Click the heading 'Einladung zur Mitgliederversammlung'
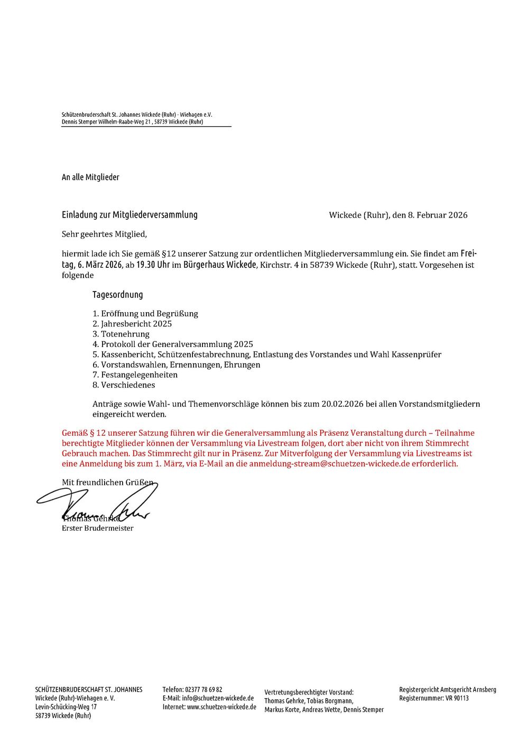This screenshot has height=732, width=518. (x=129, y=214)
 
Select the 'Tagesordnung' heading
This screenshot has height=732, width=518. (x=117, y=295)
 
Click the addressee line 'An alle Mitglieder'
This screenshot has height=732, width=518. (x=90, y=177)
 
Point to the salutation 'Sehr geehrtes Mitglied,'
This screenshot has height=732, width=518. (x=104, y=234)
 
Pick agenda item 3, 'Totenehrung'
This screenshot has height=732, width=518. (x=121, y=334)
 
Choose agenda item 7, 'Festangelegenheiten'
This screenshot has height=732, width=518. (x=135, y=374)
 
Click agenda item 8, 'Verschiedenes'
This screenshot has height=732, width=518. (x=124, y=385)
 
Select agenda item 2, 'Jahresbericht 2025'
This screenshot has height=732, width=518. (x=132, y=324)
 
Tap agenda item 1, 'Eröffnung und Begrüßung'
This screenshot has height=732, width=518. (x=145, y=313)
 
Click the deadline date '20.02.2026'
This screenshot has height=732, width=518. (x=343, y=404)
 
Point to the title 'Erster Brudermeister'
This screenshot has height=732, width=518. (x=98, y=528)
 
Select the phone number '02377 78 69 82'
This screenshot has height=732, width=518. (x=203, y=689)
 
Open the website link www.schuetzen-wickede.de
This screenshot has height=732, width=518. (x=221, y=707)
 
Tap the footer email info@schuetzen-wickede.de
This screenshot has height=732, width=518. (x=218, y=698)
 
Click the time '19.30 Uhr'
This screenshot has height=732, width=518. (x=153, y=265)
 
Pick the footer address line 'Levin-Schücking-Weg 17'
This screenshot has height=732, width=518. (x=66, y=707)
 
